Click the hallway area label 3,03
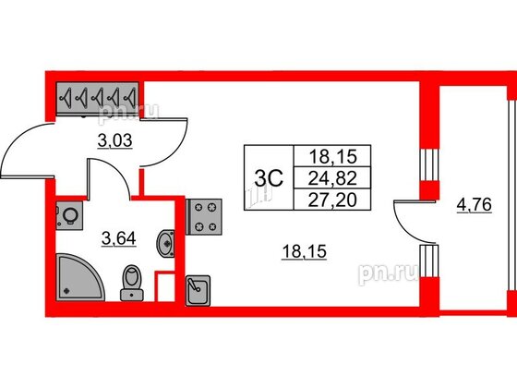point(115,141)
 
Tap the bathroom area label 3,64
point(119,238)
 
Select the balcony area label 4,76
point(475,205)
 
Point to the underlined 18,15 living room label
point(305,252)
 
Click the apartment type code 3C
point(269,179)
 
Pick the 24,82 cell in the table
point(332,178)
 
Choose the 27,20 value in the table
point(332,200)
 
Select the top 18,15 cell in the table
point(332,156)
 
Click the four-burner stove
point(204,217)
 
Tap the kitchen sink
point(198,291)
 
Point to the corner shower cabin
point(80,277)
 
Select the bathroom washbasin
point(165,244)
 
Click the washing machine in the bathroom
point(69,216)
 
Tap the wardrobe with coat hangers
point(97,98)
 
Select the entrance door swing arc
point(18,139)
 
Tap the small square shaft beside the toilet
point(165,286)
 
